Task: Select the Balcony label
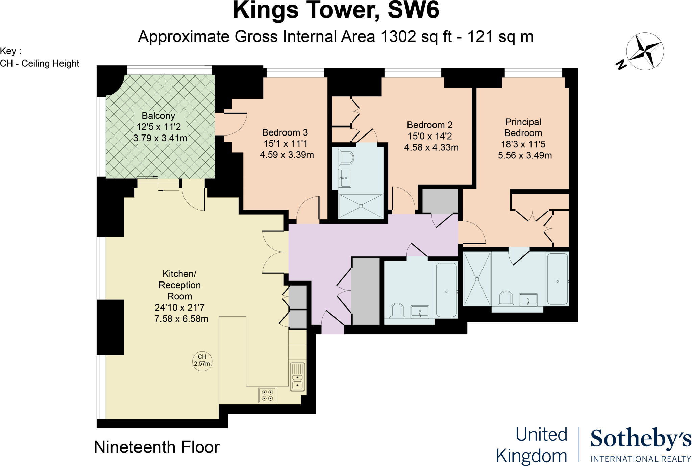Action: (x=158, y=116)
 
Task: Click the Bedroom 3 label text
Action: (x=285, y=132)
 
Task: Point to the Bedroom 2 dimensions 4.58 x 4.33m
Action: (x=431, y=148)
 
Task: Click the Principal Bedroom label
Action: (x=523, y=127)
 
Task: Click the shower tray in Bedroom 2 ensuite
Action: (x=361, y=206)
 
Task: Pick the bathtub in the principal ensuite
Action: (x=558, y=279)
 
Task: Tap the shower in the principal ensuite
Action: (x=477, y=279)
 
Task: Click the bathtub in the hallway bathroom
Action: (x=446, y=289)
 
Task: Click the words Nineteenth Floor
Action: (x=156, y=447)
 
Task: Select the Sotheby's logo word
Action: (x=640, y=439)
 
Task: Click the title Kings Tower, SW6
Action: (x=336, y=10)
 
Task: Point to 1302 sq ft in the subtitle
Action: (x=416, y=36)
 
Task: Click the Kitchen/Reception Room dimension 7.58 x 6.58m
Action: (x=181, y=319)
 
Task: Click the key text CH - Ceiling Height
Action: (x=40, y=64)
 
